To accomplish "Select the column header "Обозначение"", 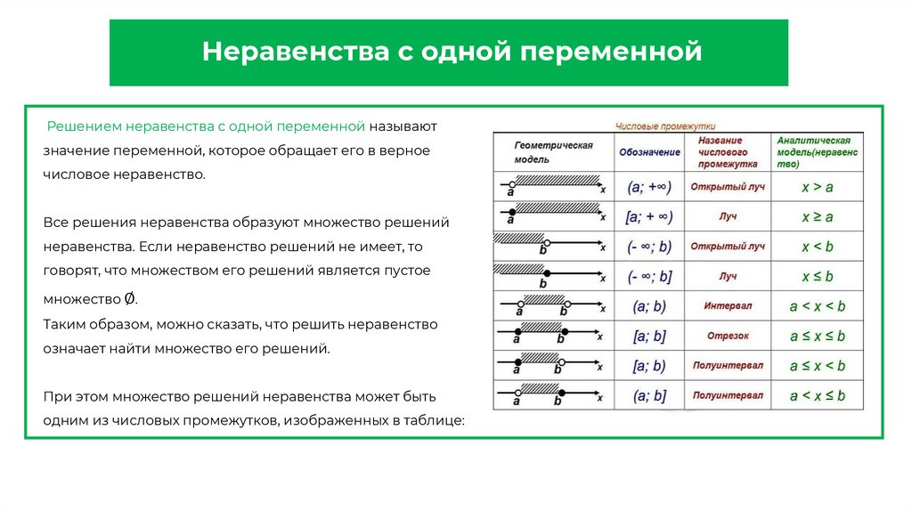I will click(x=648, y=152).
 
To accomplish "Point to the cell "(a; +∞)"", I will click(x=649, y=187).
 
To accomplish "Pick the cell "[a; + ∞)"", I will click(x=649, y=216).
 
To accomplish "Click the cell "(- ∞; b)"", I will click(x=649, y=247).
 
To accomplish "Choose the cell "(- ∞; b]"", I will click(x=649, y=276).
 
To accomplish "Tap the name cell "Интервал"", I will click(x=728, y=305).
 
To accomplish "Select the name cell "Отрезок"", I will click(x=728, y=336).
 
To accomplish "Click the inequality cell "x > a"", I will click(x=817, y=187).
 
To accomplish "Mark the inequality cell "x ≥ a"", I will click(x=817, y=216).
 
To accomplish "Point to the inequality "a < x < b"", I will click(x=817, y=305).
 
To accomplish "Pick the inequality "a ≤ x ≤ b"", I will click(x=817, y=336).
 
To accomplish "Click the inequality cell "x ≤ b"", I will click(x=817, y=276).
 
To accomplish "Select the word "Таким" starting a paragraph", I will click(x=61, y=324).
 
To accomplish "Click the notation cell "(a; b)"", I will click(x=649, y=306).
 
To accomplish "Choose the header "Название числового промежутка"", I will click(x=728, y=152).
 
